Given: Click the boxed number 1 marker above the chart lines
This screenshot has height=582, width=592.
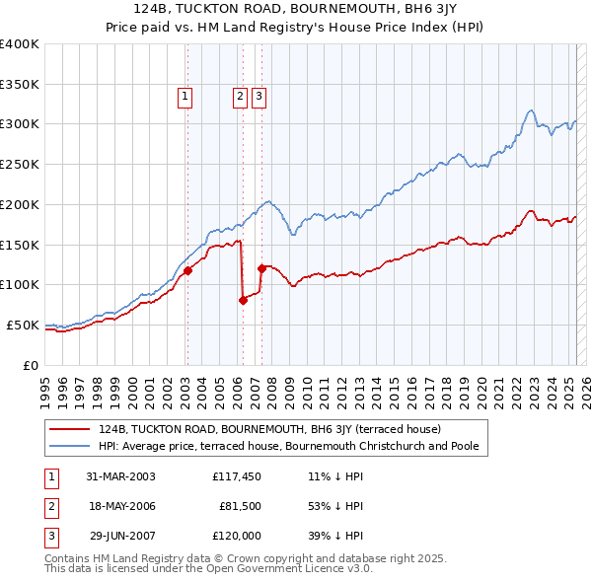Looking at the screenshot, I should point(185,97).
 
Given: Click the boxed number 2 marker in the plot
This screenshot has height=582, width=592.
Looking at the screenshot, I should point(240,97).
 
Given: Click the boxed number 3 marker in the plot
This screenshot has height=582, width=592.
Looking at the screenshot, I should point(258,97).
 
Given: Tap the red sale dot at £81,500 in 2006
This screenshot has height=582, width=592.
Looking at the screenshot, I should point(243,300).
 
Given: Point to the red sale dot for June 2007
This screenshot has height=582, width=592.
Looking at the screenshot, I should point(261,268).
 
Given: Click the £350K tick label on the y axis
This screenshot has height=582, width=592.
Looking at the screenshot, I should point(19,84).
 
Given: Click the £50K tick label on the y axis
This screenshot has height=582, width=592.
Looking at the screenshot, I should point(23,325).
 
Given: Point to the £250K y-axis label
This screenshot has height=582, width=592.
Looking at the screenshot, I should point(19,164).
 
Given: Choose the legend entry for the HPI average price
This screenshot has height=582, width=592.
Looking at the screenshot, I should point(288,446).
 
